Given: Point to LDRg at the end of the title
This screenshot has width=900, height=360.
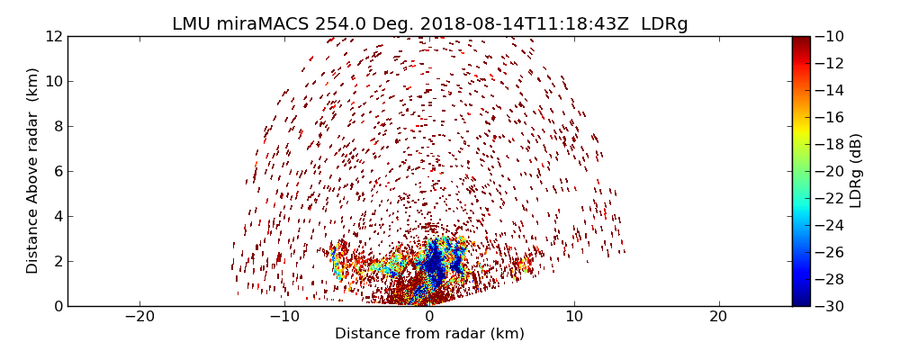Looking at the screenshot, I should point(664,24).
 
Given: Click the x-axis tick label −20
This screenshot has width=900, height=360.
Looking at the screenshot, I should point(139,317).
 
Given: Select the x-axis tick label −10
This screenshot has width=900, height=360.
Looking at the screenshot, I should point(284,317).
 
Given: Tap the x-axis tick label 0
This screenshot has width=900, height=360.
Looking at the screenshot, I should point(429,317).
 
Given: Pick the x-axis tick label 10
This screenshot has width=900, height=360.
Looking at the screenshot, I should point(573,317).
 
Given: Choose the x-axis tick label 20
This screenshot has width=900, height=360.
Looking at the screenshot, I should point(718,317).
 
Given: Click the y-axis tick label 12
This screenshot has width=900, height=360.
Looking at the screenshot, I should point(53,36).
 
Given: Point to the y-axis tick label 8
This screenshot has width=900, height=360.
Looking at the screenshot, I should point(57,126).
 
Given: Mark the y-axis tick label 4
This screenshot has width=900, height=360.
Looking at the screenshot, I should point(57,216).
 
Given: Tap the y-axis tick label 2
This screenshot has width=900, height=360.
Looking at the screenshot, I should point(57,261).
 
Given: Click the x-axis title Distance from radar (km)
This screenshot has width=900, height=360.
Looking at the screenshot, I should point(429,334).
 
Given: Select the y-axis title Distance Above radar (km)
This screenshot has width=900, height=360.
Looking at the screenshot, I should point(32,171).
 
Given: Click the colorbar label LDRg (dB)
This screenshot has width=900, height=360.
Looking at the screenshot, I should point(856,171).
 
